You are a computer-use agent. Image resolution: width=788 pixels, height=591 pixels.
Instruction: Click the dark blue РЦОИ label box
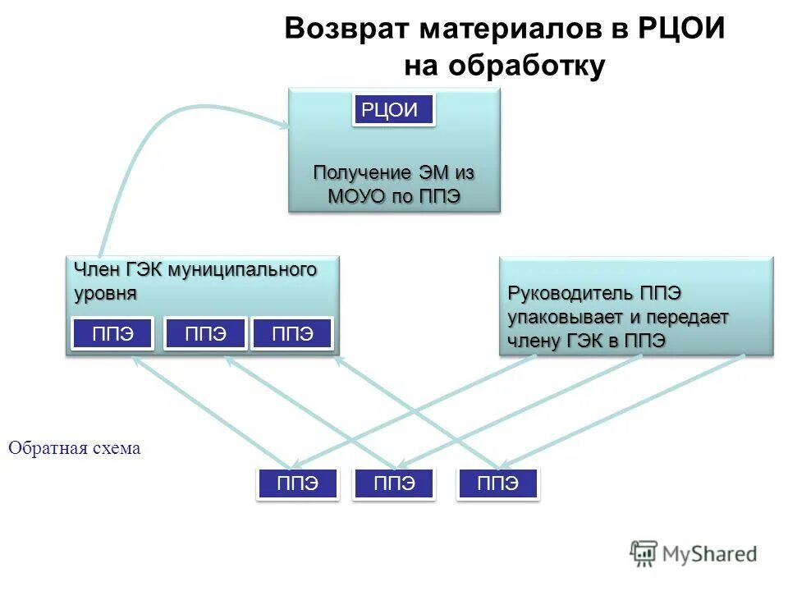coord(393,110)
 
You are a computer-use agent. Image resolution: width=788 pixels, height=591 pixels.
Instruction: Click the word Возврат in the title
coord(346,30)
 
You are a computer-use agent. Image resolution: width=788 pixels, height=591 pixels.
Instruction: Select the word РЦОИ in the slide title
coord(680,30)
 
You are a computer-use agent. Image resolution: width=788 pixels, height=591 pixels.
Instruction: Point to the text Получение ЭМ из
coord(394,173)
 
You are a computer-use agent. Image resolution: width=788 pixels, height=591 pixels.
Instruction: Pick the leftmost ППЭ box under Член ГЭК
coord(112,333)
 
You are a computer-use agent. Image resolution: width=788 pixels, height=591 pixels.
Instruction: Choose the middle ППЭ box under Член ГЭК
coord(205,333)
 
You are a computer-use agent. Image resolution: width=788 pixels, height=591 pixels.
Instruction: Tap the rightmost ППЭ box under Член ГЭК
coord(292,333)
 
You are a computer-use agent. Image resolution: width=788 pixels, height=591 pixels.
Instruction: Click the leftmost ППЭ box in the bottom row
coord(297,483)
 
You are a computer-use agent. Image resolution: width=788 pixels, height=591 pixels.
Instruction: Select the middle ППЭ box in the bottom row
coord(394,483)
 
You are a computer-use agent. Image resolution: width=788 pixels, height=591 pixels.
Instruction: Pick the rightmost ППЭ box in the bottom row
coord(498,483)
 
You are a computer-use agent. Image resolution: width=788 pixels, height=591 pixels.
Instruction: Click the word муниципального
coord(243,270)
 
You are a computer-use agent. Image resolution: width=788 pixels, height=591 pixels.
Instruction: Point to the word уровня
coord(105,293)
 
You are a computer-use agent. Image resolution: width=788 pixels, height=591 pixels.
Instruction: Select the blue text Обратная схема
coord(75,448)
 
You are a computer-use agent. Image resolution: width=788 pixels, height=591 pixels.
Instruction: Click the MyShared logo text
coord(709,554)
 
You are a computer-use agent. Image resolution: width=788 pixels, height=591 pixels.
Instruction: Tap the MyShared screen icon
coord(644,552)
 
